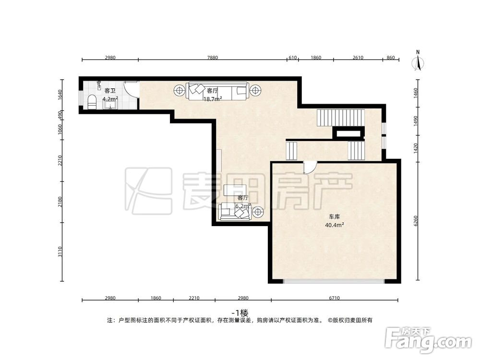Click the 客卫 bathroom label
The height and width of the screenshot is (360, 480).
coord(110,91)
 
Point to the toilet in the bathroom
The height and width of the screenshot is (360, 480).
coord(93,101)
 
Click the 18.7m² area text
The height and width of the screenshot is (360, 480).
coord(212,99)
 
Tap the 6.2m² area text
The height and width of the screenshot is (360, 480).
coord(243,206)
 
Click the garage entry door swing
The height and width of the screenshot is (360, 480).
coord(310,167)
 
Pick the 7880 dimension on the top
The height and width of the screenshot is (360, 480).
coord(213,58)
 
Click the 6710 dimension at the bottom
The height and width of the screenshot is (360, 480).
coord(335,298)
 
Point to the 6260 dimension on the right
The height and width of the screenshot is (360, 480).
coord(416,221)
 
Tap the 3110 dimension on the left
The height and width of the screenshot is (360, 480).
coord(60,252)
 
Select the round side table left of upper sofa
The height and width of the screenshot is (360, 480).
coord(179,90)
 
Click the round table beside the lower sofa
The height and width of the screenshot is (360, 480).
coord(258,211)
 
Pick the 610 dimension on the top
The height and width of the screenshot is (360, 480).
coord(292,58)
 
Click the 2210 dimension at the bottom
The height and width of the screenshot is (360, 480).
coord(194,298)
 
